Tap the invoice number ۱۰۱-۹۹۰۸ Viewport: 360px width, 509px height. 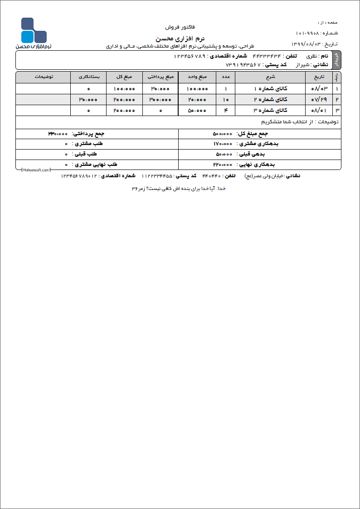click(307, 33)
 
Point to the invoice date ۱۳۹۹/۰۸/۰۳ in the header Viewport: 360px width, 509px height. click(306, 44)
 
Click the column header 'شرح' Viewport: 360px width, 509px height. click(270, 77)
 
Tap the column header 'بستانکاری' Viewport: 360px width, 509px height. click(88, 77)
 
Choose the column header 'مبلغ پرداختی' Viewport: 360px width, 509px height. click(160, 77)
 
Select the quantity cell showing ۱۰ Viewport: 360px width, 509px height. click(225, 99)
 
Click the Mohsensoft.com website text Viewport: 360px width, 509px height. click(35, 170)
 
